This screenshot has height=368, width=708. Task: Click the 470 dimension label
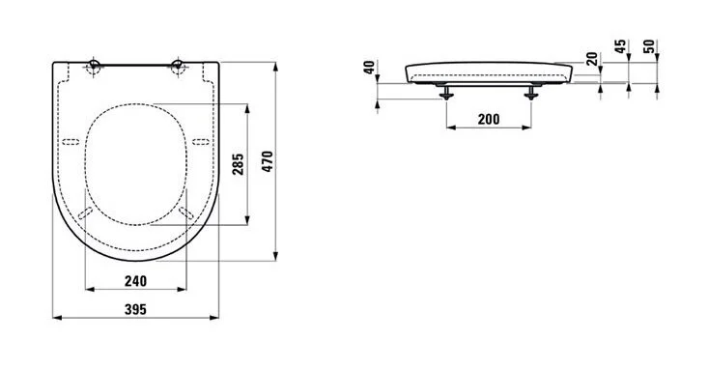coord(268,161)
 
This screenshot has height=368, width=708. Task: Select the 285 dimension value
coord(239,164)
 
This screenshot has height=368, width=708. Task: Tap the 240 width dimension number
coord(135,281)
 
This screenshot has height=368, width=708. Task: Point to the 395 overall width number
coord(135,310)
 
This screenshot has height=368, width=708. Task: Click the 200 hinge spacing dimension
coord(489,119)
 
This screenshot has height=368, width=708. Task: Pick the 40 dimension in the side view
coord(369,68)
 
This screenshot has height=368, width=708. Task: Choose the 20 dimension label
coord(591,59)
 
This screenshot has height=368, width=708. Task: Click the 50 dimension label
coord(649,46)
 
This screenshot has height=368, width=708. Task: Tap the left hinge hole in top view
coord(94,66)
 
